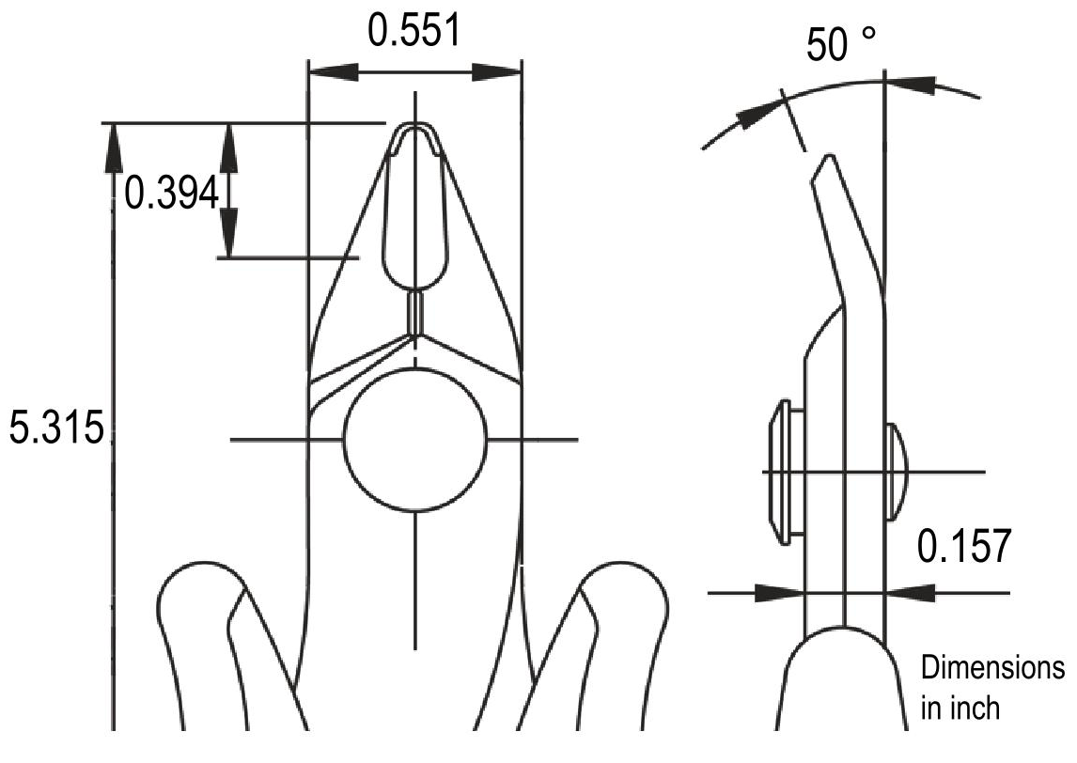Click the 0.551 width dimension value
pos(414,31)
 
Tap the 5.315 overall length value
pos(55,428)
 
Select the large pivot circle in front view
pos(415,439)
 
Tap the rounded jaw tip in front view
pos(415,132)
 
